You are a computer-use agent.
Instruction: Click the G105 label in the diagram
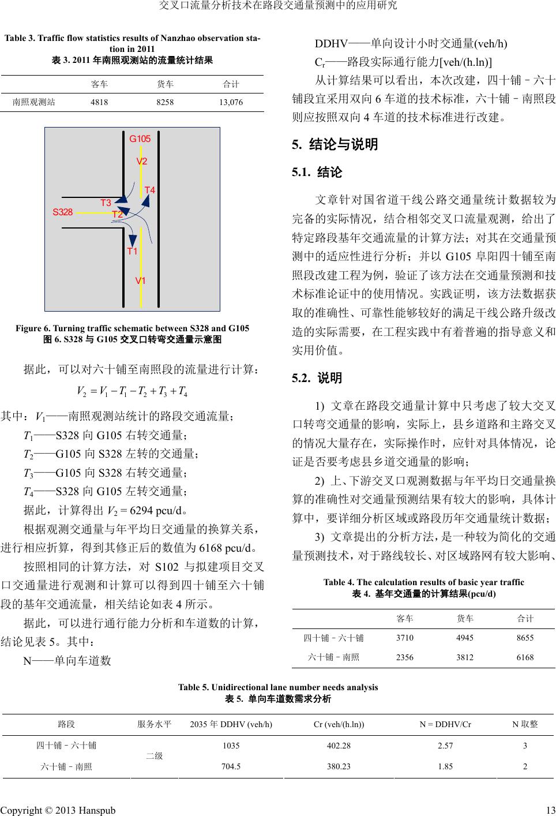pos(140,139)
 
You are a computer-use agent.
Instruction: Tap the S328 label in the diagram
pos(63,212)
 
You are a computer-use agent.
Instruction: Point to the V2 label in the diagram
pos(142,161)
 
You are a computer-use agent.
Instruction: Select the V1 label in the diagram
pos(140,281)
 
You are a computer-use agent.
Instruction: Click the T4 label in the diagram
pos(150,190)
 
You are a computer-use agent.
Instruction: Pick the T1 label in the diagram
pos(132,251)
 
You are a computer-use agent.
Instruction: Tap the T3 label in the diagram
pos(106,203)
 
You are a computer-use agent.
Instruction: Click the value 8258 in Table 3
pos(165,102)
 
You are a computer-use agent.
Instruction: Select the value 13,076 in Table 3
pos(231,102)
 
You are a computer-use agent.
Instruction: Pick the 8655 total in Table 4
pos(525,638)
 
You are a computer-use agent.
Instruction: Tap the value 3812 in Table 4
pos(465,657)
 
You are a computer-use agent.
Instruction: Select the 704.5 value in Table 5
pos(231,767)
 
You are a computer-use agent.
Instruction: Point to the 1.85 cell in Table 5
pos(445,767)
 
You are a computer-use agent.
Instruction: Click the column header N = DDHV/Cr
pos(445,724)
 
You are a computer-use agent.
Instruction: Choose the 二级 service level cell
pos(154,756)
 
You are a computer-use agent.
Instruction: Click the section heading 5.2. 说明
pos(317,379)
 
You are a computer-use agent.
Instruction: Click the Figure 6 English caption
pos(132,328)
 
